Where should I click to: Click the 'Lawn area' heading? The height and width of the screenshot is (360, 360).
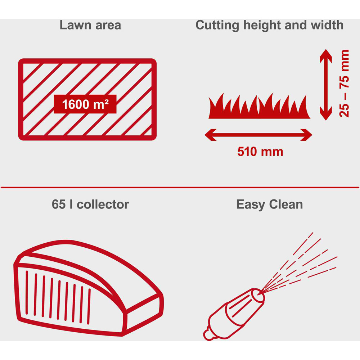[x=90, y=25]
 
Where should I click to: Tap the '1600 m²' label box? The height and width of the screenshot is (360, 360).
[x=85, y=104]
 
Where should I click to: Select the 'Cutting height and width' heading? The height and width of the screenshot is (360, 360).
[x=269, y=25]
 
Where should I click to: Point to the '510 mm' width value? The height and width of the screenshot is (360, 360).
[x=260, y=152]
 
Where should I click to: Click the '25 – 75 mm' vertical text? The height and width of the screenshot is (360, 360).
[x=344, y=84]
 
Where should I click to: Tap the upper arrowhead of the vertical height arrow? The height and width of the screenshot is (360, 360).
[x=326, y=56]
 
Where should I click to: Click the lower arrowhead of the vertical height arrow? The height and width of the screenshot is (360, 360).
[x=326, y=113]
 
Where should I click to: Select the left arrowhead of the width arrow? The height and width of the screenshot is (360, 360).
[x=211, y=135]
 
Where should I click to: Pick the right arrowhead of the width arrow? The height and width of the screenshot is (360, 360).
[x=306, y=135]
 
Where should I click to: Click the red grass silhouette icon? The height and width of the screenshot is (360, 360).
[x=259, y=106]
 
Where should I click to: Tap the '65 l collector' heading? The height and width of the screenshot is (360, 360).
[x=90, y=204]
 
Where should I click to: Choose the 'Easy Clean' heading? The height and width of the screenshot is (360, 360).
[x=269, y=204]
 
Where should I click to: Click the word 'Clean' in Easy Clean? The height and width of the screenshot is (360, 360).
[x=286, y=204]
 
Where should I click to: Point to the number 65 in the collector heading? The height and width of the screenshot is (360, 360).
[x=59, y=204]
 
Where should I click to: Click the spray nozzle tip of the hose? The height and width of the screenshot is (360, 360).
[x=258, y=295]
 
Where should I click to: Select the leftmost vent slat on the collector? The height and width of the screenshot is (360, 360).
[x=27, y=292]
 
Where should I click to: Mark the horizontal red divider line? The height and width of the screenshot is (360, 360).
[x=180, y=187]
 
